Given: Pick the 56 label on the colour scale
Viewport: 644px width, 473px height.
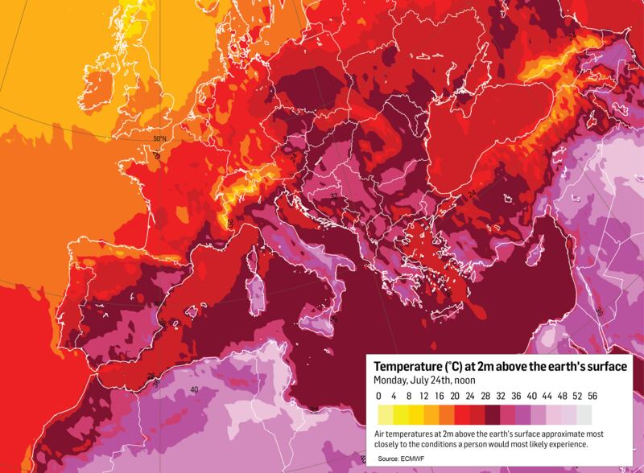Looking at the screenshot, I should (x=592, y=396).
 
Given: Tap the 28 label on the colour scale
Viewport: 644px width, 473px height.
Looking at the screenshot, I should (x=485, y=396).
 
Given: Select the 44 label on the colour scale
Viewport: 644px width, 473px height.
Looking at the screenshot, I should (x=546, y=396).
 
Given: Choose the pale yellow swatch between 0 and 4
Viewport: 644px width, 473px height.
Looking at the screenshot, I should (x=386, y=414).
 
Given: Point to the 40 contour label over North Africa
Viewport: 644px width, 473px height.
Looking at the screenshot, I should (x=194, y=390).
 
